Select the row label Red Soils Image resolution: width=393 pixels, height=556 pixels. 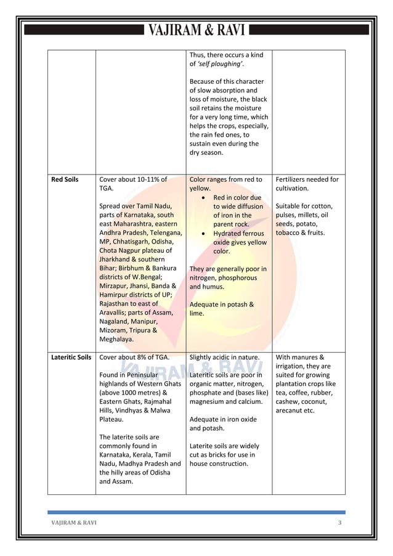click(66, 179)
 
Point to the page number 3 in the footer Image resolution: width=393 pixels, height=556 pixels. click(339, 523)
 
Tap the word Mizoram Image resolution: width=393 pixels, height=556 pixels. click(115, 330)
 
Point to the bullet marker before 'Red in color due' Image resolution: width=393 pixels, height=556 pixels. click(204, 198)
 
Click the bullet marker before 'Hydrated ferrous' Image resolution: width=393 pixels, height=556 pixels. click(204, 234)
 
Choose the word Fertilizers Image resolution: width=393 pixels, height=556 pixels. click(293, 179)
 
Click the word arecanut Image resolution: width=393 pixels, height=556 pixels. click(291, 410)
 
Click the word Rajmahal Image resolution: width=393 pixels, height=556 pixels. click(162, 401)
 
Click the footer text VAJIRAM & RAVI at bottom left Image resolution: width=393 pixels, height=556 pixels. click(73, 523)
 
